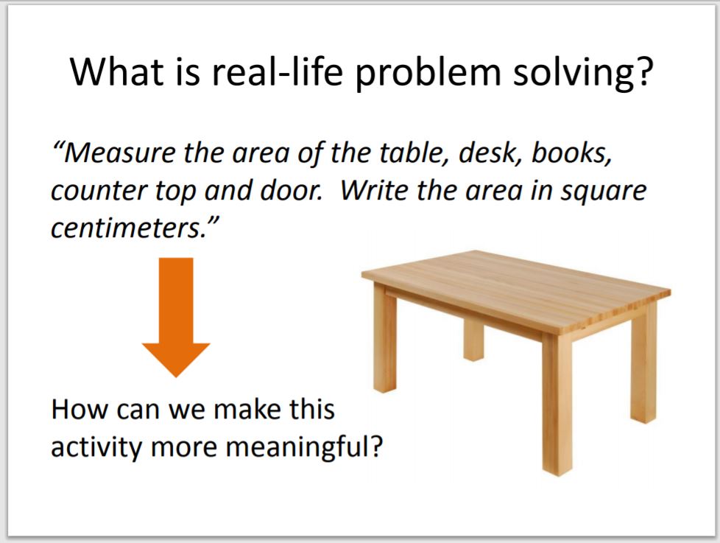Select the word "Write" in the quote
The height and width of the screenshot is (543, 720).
377,192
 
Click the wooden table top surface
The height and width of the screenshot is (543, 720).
515,284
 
